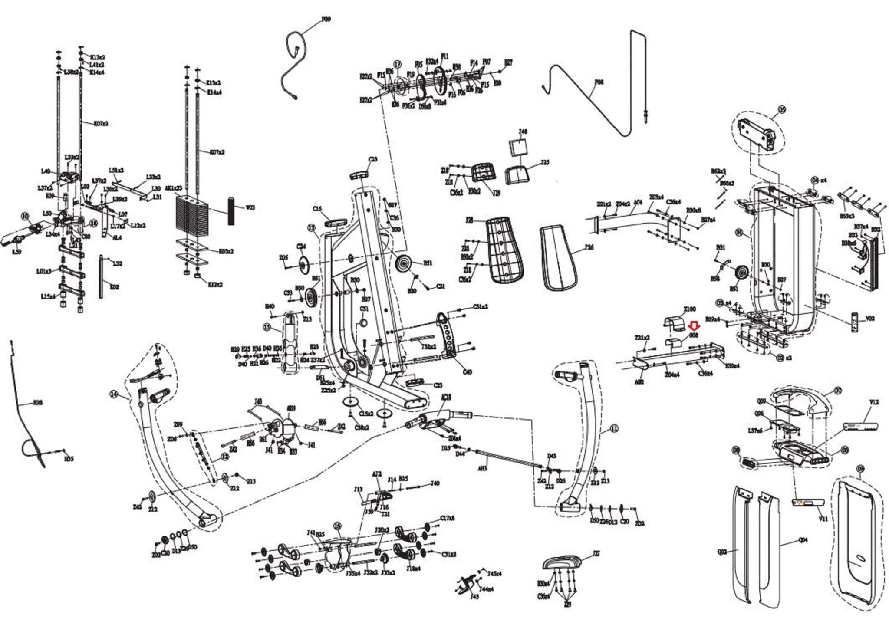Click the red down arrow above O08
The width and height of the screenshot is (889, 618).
point(694,325)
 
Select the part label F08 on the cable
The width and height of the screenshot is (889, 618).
point(599,82)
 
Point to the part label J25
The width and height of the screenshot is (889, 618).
point(545,163)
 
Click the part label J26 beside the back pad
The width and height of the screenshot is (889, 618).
point(589,247)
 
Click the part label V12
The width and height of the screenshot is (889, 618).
point(874,403)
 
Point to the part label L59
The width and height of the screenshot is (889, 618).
point(16,252)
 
